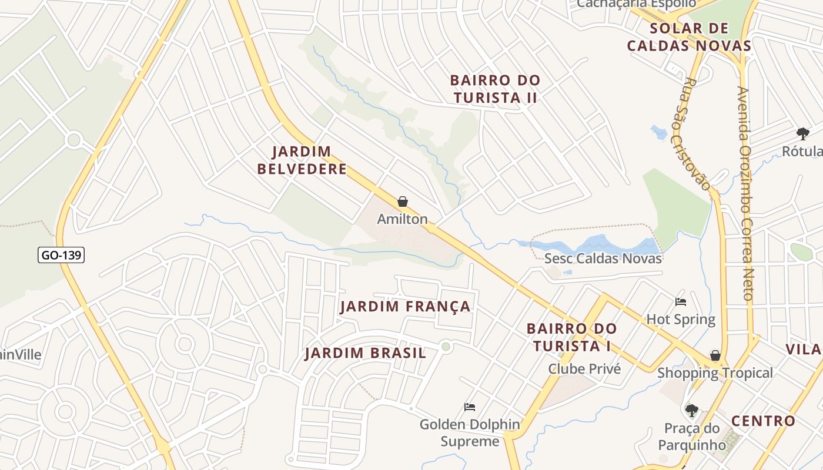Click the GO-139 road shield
[61, 255]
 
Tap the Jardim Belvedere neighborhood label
[302, 160]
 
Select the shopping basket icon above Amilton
[403, 202]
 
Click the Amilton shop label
[402, 219]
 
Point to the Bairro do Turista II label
[495, 89]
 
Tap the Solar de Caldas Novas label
[689, 37]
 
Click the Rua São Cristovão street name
[697, 134]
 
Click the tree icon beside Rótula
[802, 133]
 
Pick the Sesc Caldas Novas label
[603, 258]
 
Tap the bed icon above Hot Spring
[681, 302]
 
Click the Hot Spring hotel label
[681, 320]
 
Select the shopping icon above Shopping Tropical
[715, 355]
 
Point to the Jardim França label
[406, 306]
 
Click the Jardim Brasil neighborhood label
[365, 353]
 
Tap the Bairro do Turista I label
[571, 337]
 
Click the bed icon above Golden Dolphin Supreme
[469, 407]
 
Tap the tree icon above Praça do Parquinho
[692, 409]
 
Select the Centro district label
[763, 421]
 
